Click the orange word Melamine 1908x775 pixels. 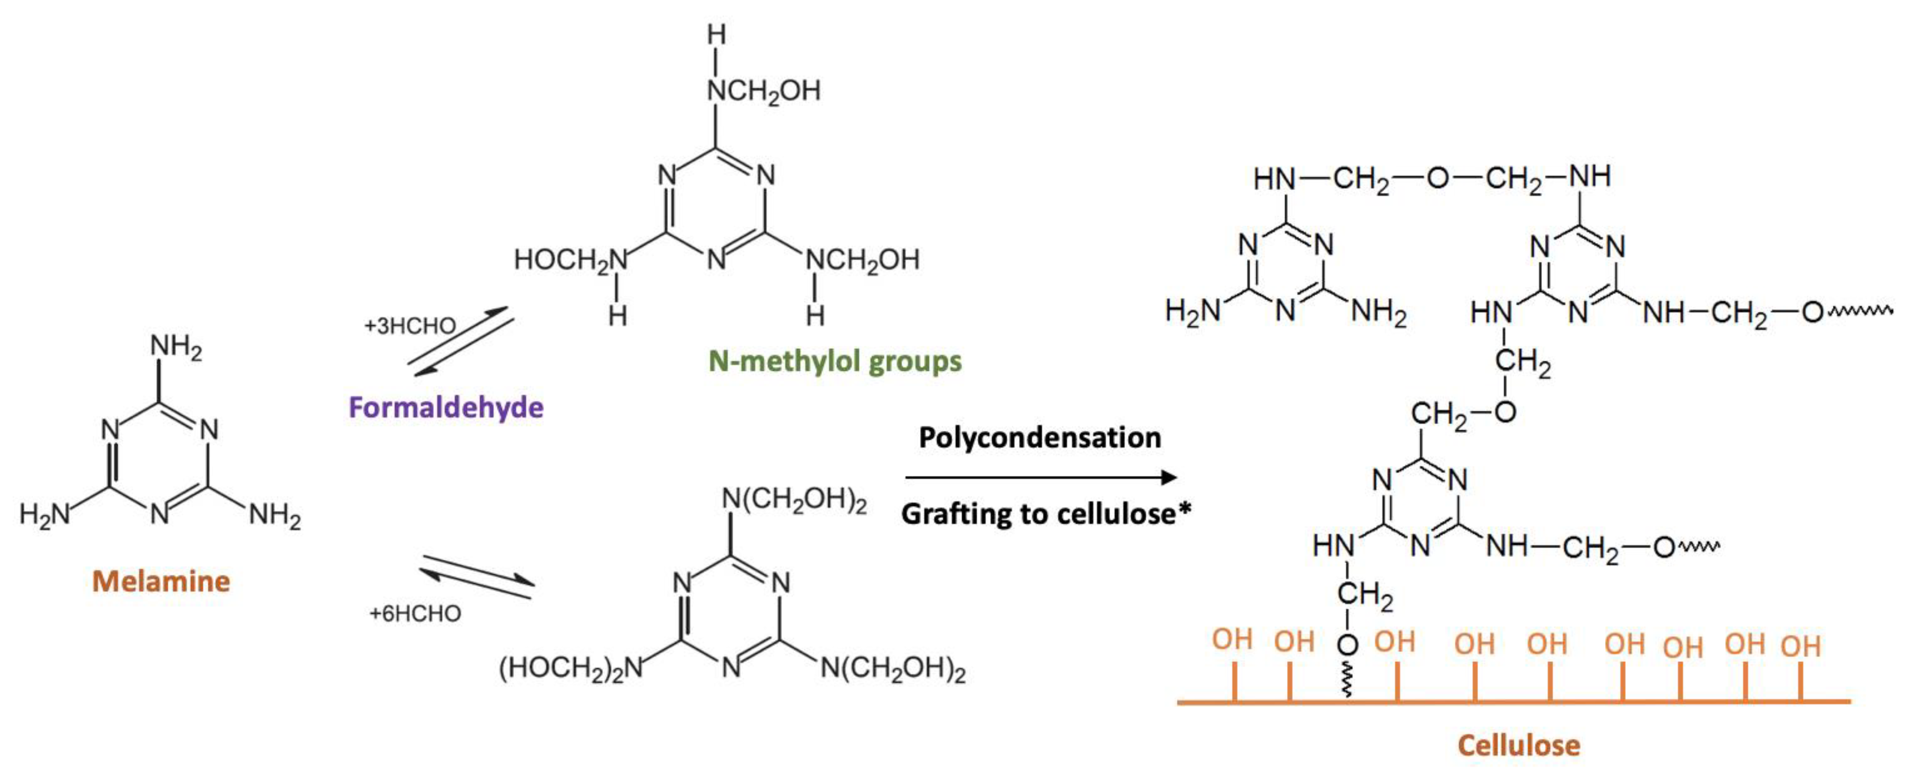coord(161,582)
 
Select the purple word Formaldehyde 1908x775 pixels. coord(446,408)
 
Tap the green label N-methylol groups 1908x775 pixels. coord(835,362)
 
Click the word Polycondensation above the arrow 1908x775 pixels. coord(1039,438)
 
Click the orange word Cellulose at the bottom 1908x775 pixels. coord(1518,745)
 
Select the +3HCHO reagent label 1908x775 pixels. coord(410,326)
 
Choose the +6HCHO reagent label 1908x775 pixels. coord(415,614)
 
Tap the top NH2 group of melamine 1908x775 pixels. coord(175,347)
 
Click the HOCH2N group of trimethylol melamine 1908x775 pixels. coord(571,260)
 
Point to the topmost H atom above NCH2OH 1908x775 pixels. coord(715,34)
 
